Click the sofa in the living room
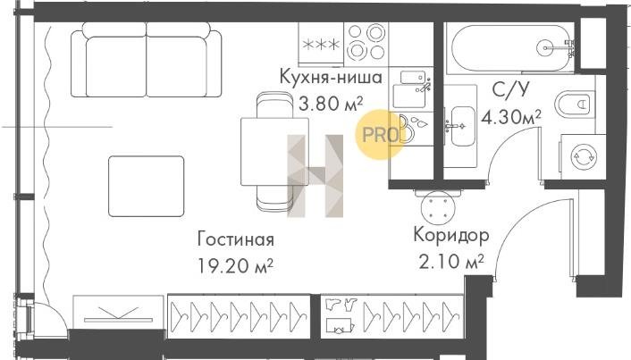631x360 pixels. pyautogui.click(x=146, y=60)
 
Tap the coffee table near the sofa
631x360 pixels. pyautogui.click(x=146, y=186)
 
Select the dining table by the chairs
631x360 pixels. pyautogui.click(x=275, y=152)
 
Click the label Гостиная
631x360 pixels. pyautogui.click(x=236, y=239)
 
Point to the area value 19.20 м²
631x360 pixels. pyautogui.click(x=236, y=265)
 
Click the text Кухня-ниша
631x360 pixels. pyautogui.click(x=331, y=77)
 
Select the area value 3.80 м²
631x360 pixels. pyautogui.click(x=331, y=104)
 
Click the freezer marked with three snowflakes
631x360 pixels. pyautogui.click(x=321, y=45)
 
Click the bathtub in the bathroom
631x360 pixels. pyautogui.click(x=512, y=48)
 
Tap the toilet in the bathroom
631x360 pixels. pyautogui.click(x=573, y=105)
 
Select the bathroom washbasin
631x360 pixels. pyautogui.click(x=461, y=126)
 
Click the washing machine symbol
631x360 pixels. pyautogui.click(x=584, y=157)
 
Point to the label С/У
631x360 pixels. pyautogui.click(x=510, y=89)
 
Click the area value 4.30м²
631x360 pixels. pyautogui.click(x=511, y=118)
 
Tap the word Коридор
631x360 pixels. pyautogui.click(x=451, y=235)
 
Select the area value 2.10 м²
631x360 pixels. pyautogui.click(x=451, y=262)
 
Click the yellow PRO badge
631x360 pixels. pyautogui.click(x=380, y=135)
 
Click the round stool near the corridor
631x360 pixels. pyautogui.click(x=438, y=206)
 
